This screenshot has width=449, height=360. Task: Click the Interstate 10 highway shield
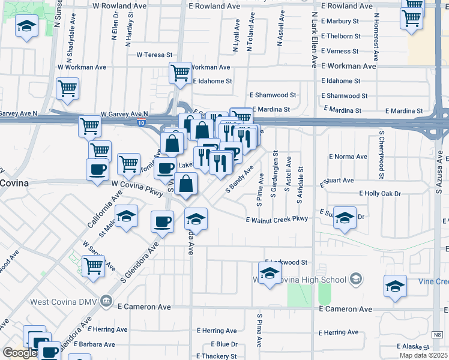(140, 122)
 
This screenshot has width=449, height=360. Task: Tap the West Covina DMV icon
(106, 299)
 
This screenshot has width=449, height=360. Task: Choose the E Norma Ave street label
(348, 157)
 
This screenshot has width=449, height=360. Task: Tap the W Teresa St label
(154, 55)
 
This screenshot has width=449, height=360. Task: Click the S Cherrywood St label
(381, 155)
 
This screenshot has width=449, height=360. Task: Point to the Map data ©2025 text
(424, 355)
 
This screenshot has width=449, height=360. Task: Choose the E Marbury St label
(340, 20)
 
